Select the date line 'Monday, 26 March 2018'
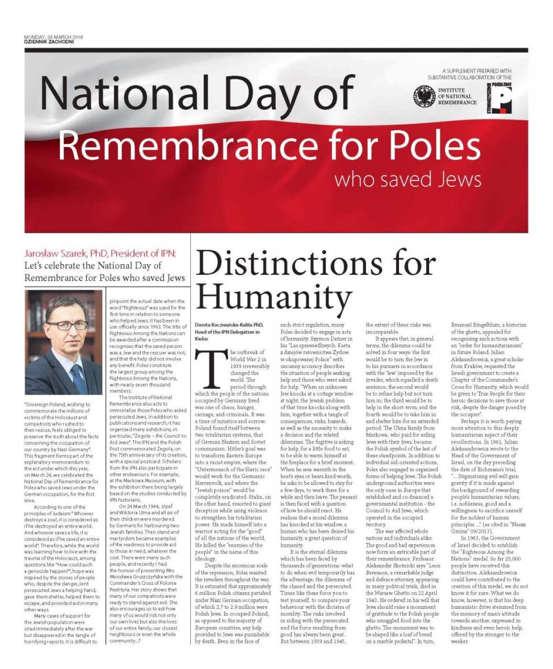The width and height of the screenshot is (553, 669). click(47, 38)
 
